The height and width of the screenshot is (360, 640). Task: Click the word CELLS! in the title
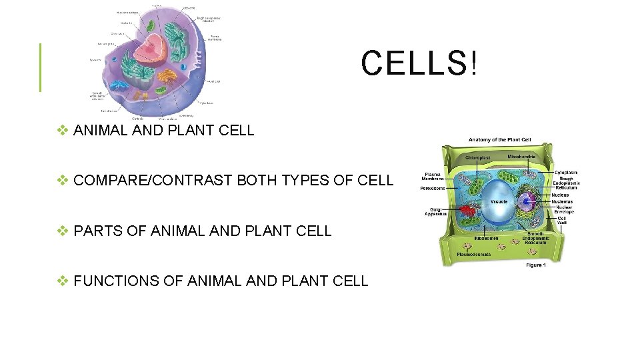point(419,64)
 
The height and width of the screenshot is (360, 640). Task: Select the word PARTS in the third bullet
point(95,231)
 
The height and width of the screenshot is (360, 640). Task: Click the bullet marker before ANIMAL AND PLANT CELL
point(63,131)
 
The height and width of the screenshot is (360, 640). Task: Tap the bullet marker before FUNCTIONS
point(63,281)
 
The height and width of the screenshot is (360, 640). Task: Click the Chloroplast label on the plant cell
point(477,157)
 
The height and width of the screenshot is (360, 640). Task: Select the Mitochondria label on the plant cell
point(521,157)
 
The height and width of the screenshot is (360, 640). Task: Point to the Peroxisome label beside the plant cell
point(433,189)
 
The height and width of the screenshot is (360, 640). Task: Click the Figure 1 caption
point(535,265)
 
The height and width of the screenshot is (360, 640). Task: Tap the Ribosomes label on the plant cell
point(485,237)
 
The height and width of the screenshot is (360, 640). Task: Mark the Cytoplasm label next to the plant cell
point(567,171)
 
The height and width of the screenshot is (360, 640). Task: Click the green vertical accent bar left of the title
point(41,67)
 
